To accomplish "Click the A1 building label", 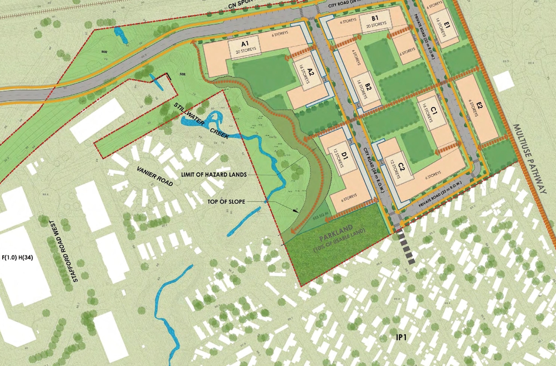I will pos(244,44).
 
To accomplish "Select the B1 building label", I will pos(375,19).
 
